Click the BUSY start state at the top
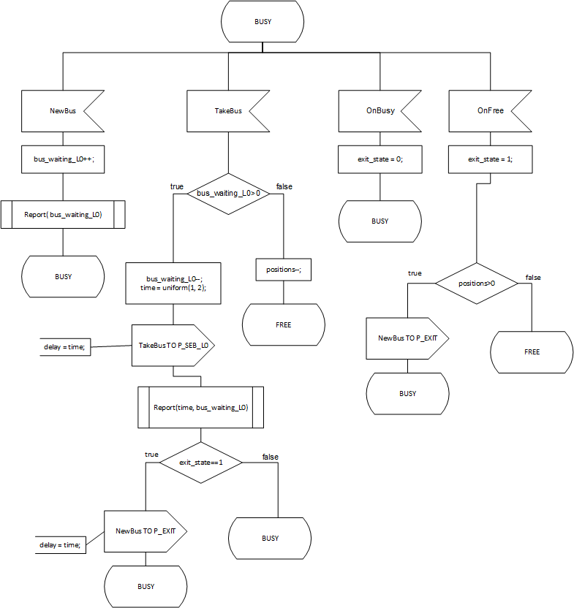click(263, 22)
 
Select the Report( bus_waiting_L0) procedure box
click(63, 215)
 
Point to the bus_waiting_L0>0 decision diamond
click(228, 194)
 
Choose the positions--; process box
click(284, 270)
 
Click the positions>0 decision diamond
click(477, 282)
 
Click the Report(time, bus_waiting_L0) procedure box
click(200, 407)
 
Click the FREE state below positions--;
click(284, 324)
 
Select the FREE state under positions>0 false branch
click(532, 351)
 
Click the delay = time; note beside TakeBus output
click(64, 347)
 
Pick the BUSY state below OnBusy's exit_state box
click(379, 221)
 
